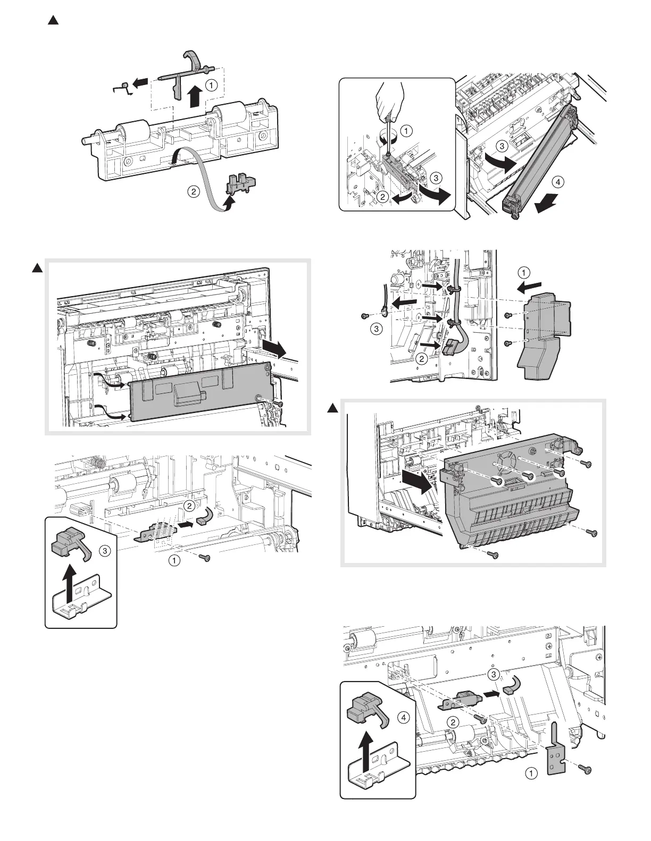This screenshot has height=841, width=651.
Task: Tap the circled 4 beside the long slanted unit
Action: click(557, 182)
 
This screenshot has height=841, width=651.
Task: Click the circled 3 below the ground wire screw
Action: click(376, 330)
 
